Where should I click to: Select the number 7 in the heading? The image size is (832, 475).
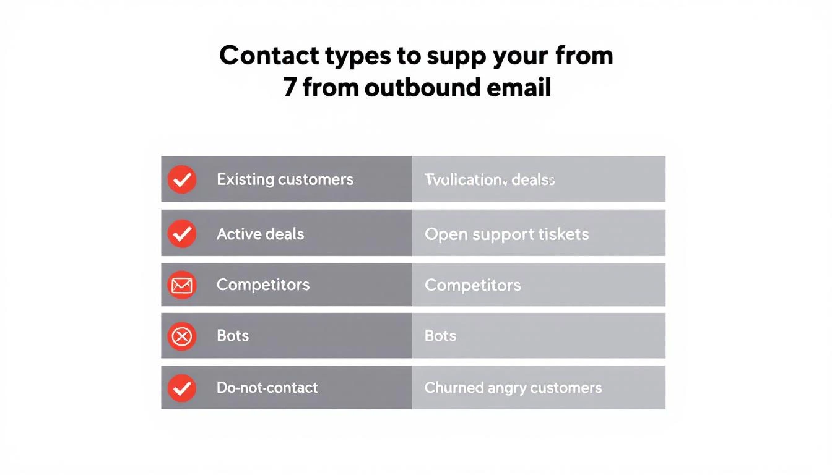290,87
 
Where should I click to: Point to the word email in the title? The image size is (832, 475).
519,87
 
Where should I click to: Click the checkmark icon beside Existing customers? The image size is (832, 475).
182,179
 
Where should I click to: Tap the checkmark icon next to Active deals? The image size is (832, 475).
182,233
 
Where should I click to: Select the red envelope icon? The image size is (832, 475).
182,285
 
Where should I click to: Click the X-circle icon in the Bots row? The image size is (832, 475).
182,336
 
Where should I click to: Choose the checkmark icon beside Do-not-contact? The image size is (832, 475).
182,388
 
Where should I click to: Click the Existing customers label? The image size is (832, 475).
285,179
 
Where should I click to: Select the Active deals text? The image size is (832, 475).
260,234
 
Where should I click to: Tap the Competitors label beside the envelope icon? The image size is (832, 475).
263,285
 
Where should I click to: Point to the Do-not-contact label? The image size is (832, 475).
267,388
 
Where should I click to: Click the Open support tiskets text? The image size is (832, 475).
506,234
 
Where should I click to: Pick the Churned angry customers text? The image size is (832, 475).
513,388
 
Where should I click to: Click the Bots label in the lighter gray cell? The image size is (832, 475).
440,336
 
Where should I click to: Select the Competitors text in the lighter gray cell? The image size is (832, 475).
472,285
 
